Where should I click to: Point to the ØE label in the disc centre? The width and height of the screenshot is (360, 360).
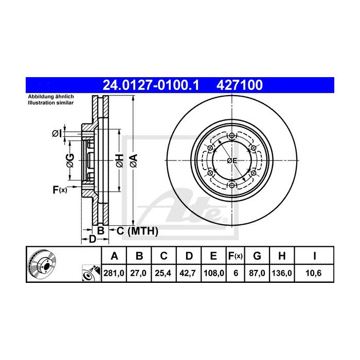232,161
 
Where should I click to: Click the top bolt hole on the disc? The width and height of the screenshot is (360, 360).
232,136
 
